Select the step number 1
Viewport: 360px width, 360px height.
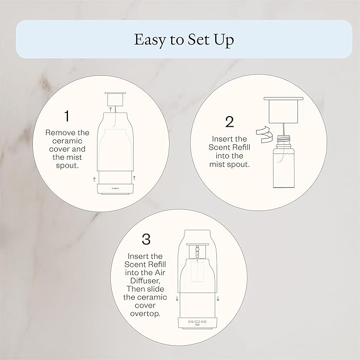point(67,115)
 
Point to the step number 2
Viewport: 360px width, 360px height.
point(230,122)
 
